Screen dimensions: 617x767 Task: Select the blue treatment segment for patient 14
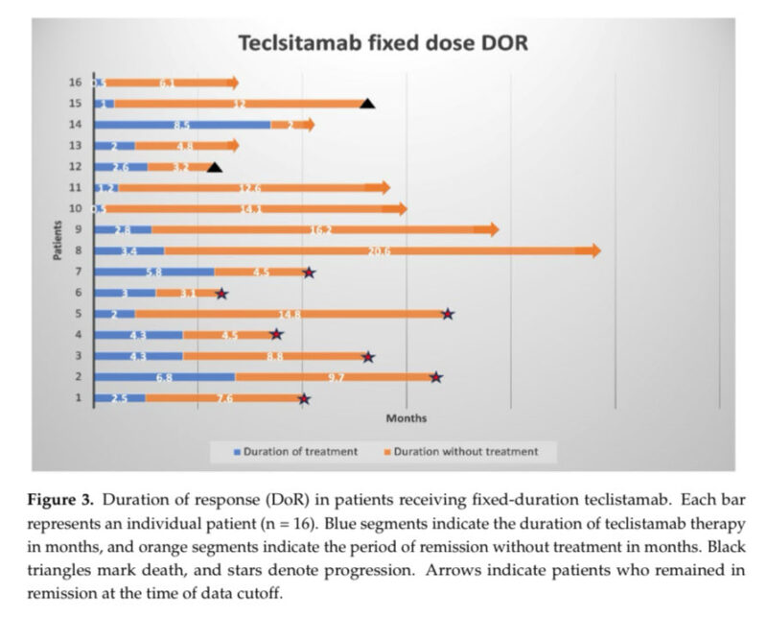point(181,125)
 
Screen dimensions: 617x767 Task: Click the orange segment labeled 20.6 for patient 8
point(374,250)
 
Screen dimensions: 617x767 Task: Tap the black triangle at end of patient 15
point(366,103)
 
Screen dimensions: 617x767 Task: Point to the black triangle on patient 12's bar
point(215,167)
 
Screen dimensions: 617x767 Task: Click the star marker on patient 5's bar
point(447,314)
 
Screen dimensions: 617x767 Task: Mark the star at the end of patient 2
point(436,377)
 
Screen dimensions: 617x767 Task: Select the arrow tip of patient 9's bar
point(493,229)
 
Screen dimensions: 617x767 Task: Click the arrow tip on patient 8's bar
point(595,250)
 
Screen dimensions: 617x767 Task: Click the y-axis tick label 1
point(78,398)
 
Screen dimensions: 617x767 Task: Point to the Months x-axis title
point(407,418)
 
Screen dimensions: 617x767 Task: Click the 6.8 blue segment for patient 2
point(164,377)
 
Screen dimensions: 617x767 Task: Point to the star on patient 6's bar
point(221,294)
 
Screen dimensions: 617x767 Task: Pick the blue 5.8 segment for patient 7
point(153,273)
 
